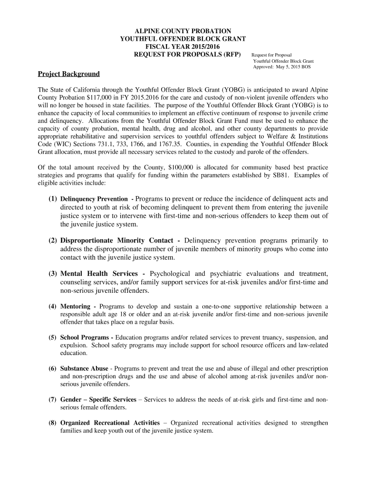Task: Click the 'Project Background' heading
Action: pyautogui.click(x=69, y=74)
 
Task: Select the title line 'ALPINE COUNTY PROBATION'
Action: pyautogui.click(x=183, y=31)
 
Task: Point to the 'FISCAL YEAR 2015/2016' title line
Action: pyautogui.click(x=183, y=46)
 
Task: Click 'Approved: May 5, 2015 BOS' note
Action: pyautogui.click(x=282, y=67)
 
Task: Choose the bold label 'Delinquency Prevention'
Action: pyautogui.click(x=94, y=199)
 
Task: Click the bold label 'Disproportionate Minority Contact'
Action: pyautogui.click(x=119, y=241)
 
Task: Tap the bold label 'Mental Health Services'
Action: pyautogui.click(x=99, y=274)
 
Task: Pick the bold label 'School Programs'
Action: pyautogui.click(x=85, y=338)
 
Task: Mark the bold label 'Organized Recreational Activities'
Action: pyautogui.click(x=110, y=423)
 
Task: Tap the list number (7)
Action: pyautogui.click(x=52, y=400)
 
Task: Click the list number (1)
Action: pyautogui.click(x=52, y=199)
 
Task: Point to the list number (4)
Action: pyautogui.click(x=52, y=307)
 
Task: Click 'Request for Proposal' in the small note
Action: pyautogui.click(x=271, y=55)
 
